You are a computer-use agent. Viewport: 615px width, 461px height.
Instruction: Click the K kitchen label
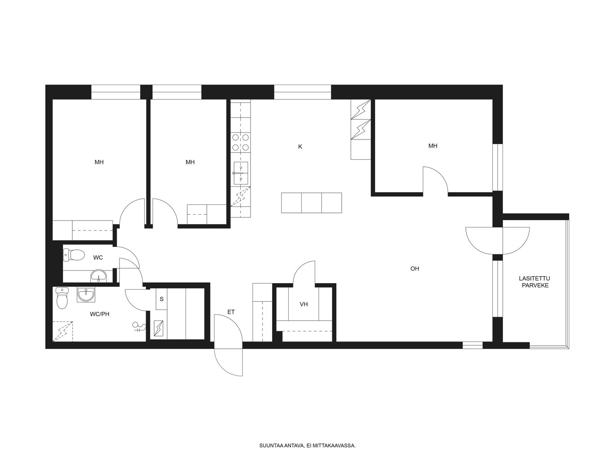(x=300, y=147)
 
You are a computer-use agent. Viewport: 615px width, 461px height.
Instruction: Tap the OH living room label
(x=415, y=269)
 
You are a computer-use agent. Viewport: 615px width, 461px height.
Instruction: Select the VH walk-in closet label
(x=304, y=304)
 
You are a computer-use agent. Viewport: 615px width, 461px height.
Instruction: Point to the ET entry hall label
(x=231, y=312)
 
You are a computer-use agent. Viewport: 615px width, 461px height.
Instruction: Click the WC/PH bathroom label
(x=100, y=314)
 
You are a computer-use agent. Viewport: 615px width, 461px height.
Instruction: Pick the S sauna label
(x=162, y=299)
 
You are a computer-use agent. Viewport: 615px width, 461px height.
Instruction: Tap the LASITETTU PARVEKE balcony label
(x=535, y=282)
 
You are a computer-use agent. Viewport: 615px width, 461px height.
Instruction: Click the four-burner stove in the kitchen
(x=240, y=142)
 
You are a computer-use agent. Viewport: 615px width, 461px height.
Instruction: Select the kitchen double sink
(x=240, y=173)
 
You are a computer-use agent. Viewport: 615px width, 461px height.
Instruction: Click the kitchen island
(x=312, y=203)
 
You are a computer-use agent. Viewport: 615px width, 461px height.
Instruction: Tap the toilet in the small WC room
(x=74, y=255)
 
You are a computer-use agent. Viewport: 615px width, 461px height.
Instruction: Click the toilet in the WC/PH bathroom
(x=62, y=298)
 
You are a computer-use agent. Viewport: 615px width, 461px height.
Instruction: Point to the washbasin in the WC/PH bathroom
(x=86, y=294)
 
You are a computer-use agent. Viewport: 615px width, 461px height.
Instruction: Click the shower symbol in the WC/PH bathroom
(x=139, y=327)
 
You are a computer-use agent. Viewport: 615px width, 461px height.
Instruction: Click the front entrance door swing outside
(x=228, y=362)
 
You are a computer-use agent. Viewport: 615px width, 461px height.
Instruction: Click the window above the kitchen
(x=303, y=92)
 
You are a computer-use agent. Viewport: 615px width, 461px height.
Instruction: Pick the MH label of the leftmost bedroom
(x=99, y=162)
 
